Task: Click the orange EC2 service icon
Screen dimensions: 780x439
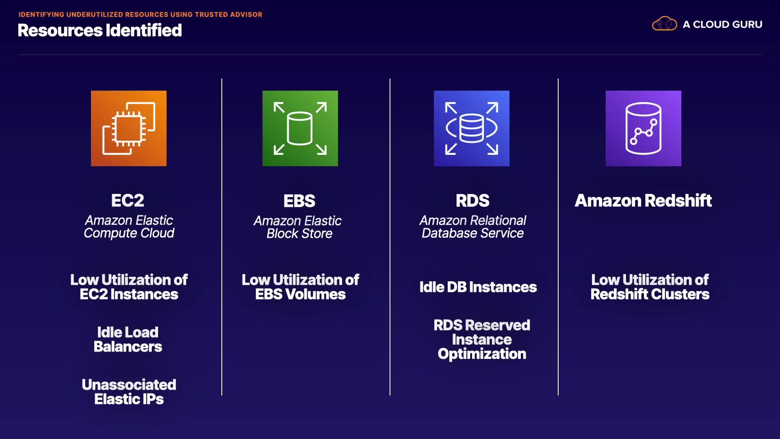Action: [128, 128]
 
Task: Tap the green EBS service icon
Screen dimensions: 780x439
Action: [300, 128]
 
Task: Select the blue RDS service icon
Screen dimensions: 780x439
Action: [471, 128]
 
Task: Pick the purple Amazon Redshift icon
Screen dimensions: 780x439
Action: [643, 128]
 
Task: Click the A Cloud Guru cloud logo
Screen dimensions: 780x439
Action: [664, 24]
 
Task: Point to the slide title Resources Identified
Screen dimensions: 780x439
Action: [100, 30]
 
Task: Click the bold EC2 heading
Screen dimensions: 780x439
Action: [128, 200]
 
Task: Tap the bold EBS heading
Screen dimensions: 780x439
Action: [299, 201]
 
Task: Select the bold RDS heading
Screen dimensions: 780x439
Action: [472, 200]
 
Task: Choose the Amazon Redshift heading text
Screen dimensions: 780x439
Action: [643, 200]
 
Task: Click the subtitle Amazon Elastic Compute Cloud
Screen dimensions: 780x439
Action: [129, 226]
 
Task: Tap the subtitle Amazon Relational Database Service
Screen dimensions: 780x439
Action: [472, 226]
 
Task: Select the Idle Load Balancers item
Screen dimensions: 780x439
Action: [128, 339]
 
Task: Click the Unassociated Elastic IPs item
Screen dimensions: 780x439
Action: [129, 392]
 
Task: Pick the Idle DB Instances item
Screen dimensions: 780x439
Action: [478, 287]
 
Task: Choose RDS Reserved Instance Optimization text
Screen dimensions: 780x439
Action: [482, 339]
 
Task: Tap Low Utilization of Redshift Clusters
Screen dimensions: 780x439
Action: [650, 287]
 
